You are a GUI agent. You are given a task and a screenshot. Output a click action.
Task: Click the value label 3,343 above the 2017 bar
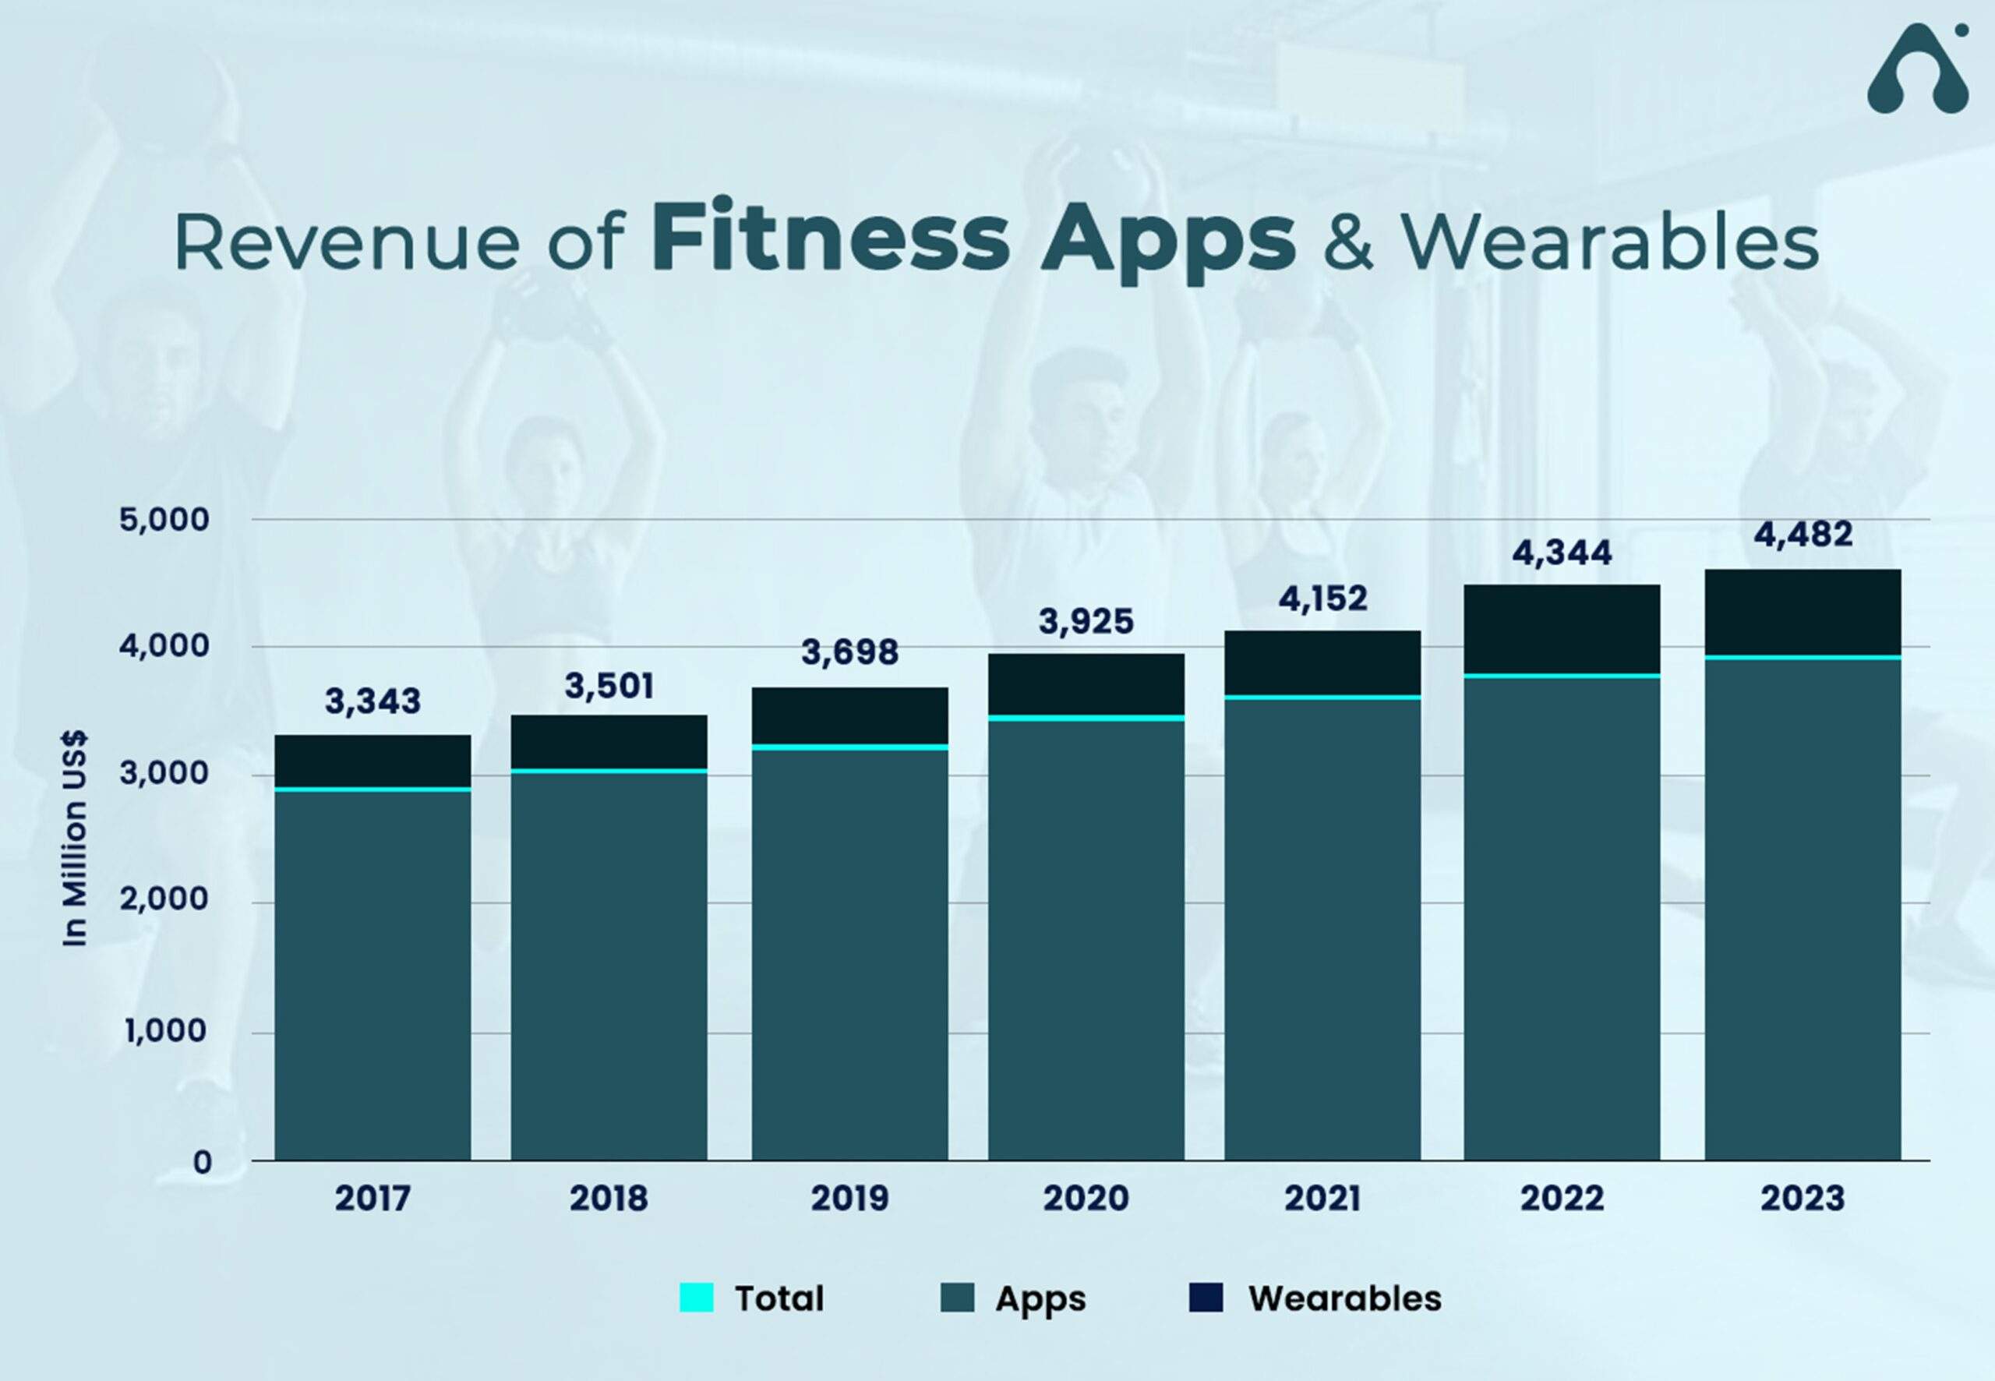(x=373, y=701)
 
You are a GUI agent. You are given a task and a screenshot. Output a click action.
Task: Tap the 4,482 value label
(x=1803, y=535)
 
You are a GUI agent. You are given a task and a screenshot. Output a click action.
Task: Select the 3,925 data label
(x=1086, y=621)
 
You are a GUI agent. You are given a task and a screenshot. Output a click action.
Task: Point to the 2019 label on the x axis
(x=849, y=1199)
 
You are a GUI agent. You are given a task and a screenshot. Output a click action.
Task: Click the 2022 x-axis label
(x=1562, y=1199)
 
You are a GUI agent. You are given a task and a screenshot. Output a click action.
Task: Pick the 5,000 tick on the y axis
(x=164, y=520)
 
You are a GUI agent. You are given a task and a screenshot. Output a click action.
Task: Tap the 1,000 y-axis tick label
(x=164, y=1030)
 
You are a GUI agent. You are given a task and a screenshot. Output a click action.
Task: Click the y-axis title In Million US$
(x=76, y=839)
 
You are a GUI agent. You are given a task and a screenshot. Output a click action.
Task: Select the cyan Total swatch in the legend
(x=697, y=1298)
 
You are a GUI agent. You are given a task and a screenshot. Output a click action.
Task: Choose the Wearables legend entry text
(x=1344, y=1298)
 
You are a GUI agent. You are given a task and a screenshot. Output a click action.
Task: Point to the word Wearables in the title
(x=1610, y=243)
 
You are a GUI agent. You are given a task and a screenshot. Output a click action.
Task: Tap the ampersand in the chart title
(x=1347, y=243)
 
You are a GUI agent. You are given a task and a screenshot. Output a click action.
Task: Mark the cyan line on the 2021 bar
(x=1322, y=697)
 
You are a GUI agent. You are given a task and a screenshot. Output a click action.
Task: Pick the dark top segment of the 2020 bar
(x=1086, y=683)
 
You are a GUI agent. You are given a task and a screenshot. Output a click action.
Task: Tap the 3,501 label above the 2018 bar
(x=609, y=686)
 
